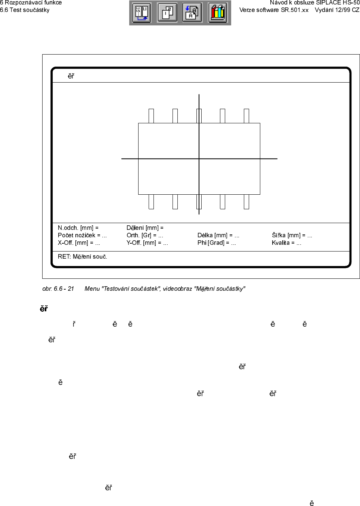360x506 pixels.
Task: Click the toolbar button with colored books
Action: [x=218, y=13]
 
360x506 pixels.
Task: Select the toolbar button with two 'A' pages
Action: [x=192, y=13]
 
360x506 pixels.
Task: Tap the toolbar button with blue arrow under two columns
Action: [x=142, y=13]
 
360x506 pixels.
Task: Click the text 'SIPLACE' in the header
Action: [x=329, y=3]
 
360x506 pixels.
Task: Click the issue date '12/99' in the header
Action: [x=342, y=10]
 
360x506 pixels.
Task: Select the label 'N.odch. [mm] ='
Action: [x=78, y=228]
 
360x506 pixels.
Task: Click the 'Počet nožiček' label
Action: [x=77, y=235]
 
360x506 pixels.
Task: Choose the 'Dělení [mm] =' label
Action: [x=145, y=228]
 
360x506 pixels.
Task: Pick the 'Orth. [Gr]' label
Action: [x=139, y=235]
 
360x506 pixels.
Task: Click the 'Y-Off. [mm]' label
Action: [x=141, y=243]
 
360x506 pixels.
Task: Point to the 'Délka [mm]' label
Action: [x=212, y=235]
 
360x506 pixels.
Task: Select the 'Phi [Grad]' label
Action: [x=211, y=243]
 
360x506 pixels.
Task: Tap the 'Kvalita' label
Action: [x=280, y=243]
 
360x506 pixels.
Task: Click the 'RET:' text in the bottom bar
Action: [x=65, y=257]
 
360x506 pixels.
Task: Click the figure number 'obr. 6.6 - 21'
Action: [x=58, y=289]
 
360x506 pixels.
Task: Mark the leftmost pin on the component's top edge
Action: [x=151, y=116]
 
